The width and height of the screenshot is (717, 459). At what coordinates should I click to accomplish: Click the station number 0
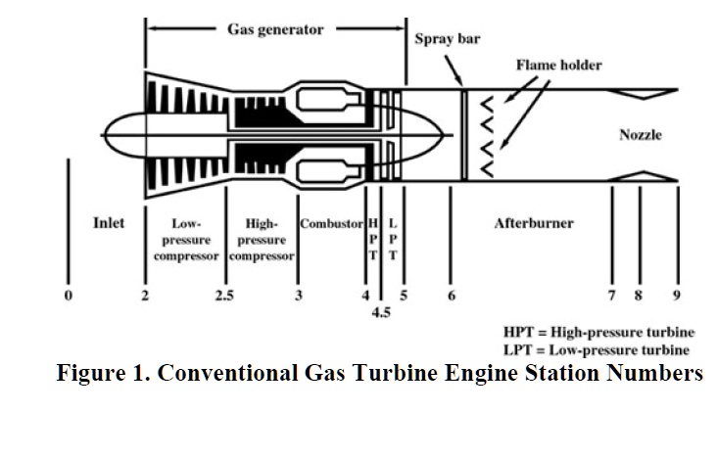(69, 295)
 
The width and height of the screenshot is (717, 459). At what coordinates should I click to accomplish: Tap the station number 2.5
(224, 296)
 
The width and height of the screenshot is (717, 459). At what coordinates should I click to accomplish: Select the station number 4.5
(381, 313)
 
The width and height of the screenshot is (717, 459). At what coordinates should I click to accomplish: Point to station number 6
(452, 295)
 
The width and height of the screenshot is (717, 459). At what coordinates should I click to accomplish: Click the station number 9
(676, 295)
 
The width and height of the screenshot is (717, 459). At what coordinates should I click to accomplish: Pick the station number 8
(639, 295)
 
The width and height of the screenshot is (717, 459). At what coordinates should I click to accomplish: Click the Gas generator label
(275, 29)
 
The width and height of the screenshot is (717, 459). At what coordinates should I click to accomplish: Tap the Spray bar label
(447, 41)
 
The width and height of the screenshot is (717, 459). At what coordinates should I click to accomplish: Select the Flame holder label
(559, 66)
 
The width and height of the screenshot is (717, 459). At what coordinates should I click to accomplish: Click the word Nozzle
(641, 134)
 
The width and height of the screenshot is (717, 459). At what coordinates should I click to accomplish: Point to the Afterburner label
(534, 223)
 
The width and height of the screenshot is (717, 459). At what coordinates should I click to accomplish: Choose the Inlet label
(109, 223)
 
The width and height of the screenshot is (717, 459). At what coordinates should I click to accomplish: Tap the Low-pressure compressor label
(186, 240)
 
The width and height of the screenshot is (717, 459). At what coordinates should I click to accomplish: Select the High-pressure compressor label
(262, 240)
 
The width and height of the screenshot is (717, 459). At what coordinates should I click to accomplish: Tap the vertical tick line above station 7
(612, 235)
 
